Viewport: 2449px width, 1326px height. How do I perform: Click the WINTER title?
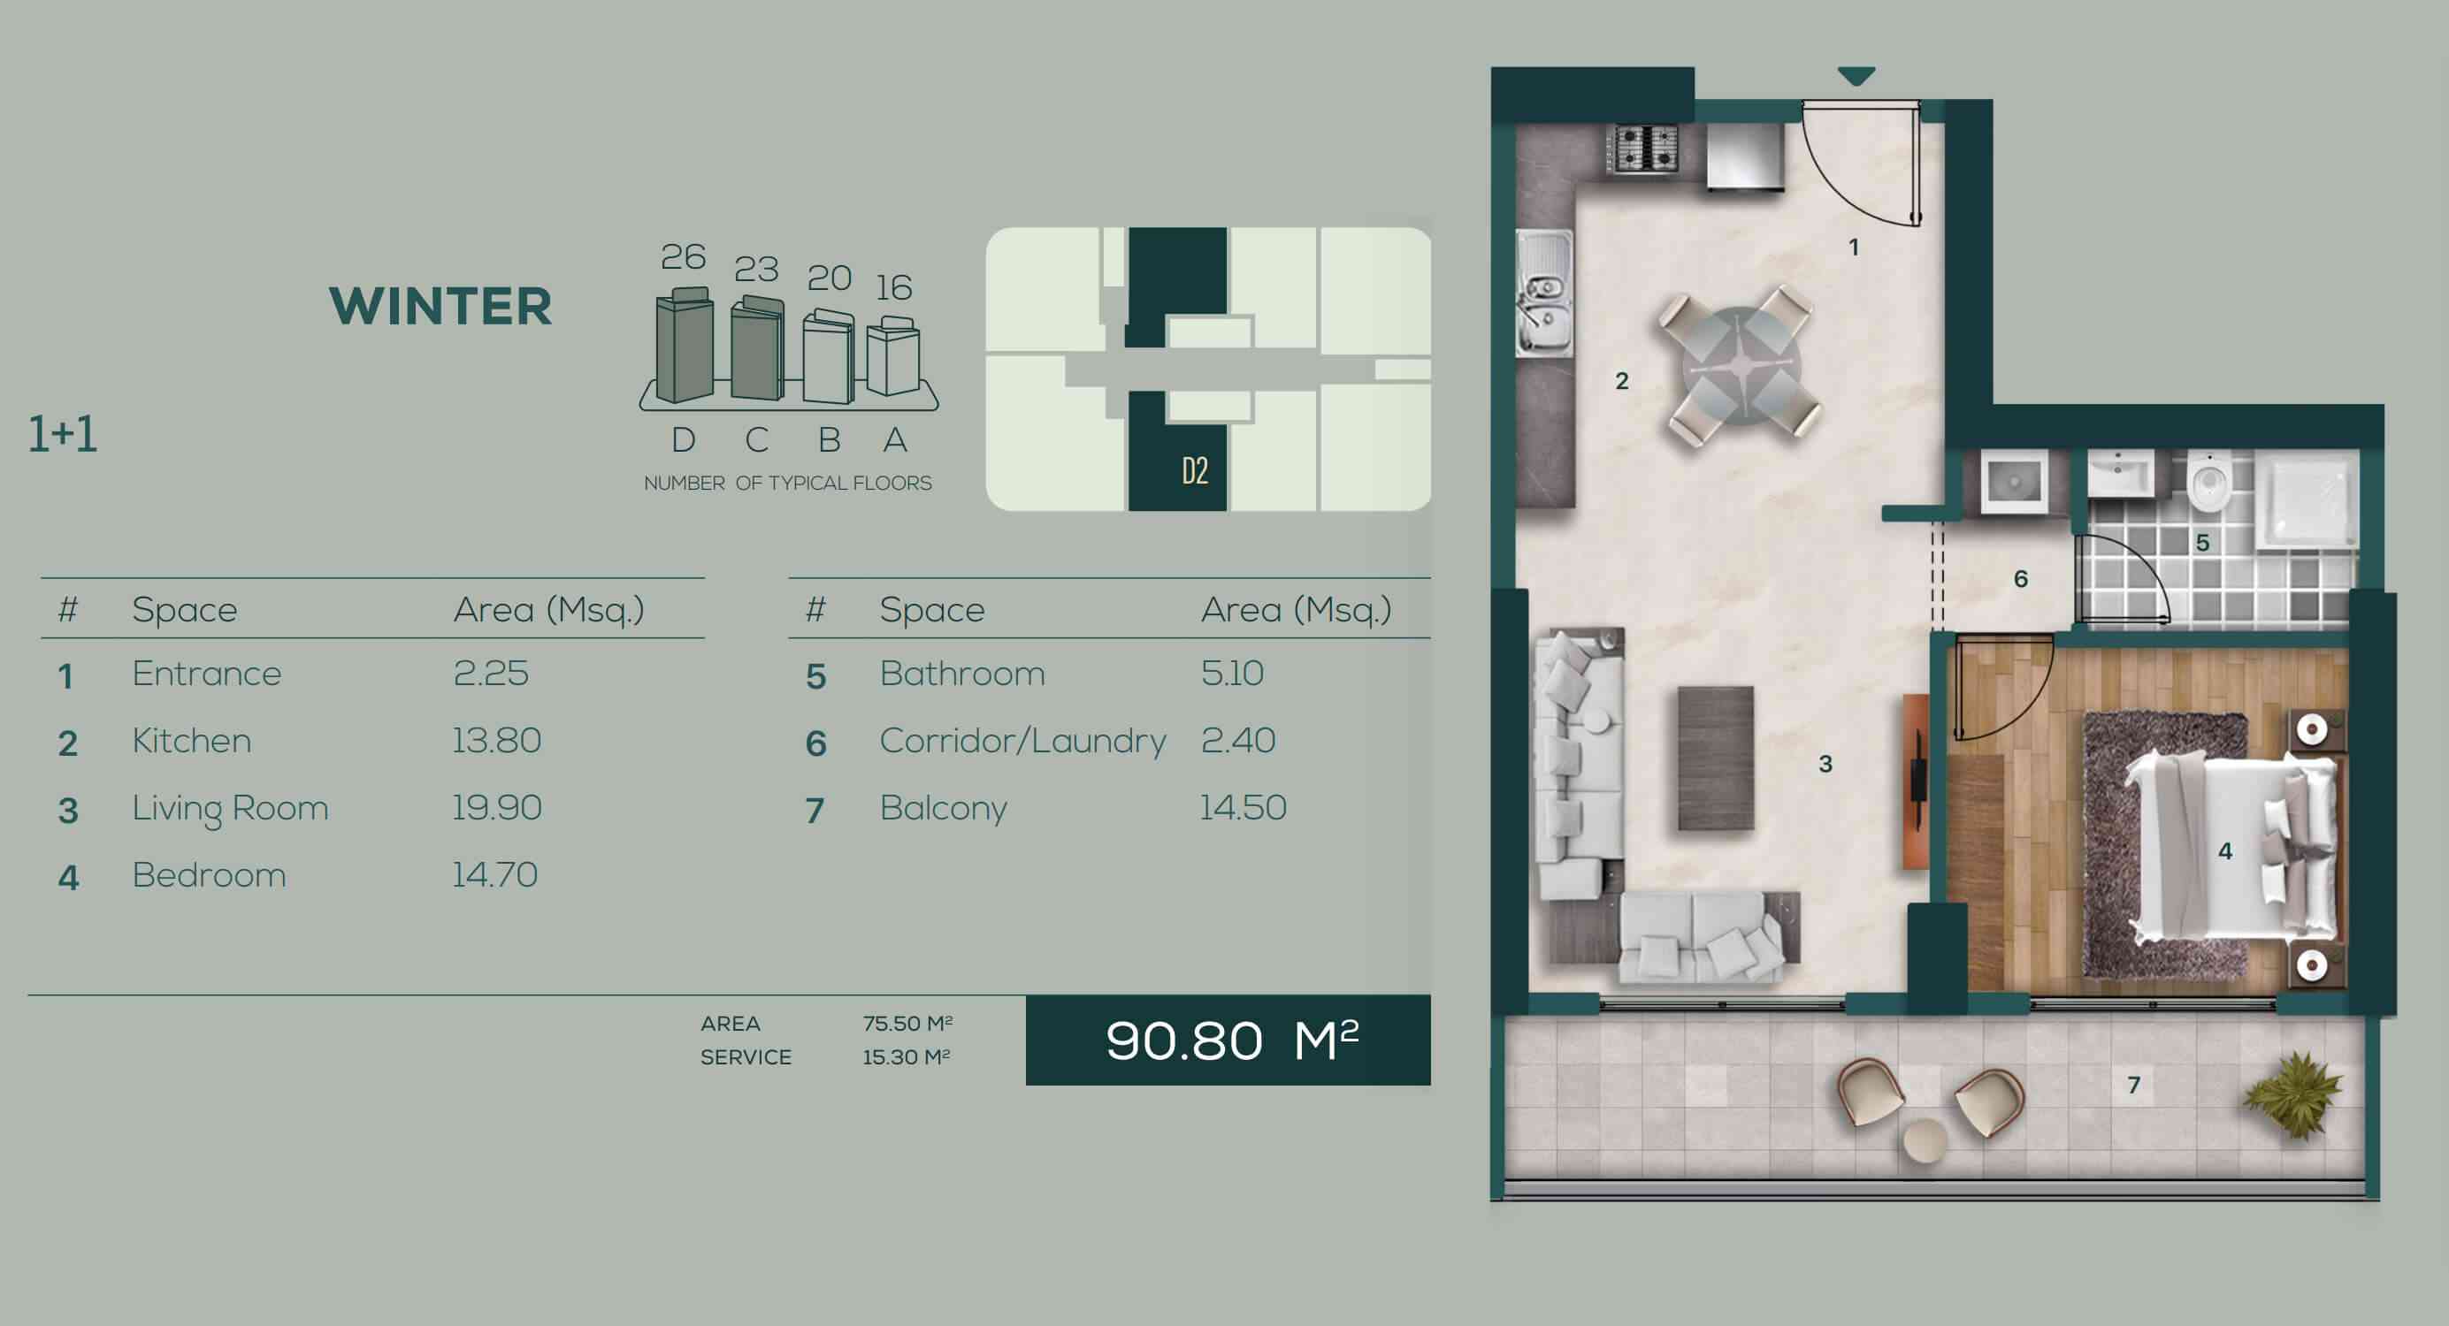440,306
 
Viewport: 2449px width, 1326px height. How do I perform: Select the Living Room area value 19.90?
496,808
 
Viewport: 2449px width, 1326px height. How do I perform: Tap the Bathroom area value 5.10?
1232,673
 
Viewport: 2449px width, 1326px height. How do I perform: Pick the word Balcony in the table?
943,809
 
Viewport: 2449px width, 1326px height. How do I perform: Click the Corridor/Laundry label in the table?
1022,741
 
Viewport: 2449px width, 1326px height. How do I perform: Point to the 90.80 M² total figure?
1232,1040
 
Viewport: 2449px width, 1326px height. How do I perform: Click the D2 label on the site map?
1195,470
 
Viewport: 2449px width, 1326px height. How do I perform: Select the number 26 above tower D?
683,256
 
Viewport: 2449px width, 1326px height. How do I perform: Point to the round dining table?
1741,364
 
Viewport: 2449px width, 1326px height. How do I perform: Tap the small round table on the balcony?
1925,1139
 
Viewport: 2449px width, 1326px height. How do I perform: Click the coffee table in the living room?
1716,758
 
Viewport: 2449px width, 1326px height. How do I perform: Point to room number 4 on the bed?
2225,850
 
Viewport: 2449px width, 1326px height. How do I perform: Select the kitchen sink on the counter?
1543,294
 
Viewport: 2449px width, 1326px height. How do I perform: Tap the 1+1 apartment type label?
63,434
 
